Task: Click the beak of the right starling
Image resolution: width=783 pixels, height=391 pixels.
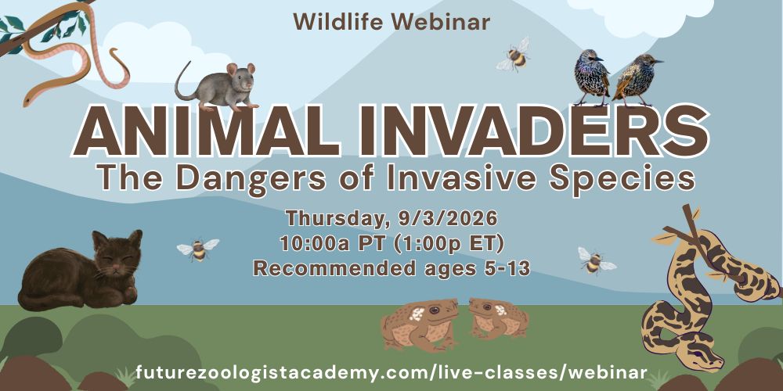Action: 659,61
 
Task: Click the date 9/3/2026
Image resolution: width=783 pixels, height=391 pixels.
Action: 448,219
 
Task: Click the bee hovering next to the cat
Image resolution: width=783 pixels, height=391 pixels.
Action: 198,249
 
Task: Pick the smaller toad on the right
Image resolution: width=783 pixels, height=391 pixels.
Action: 499,317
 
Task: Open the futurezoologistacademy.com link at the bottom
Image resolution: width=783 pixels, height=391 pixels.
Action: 391,372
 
